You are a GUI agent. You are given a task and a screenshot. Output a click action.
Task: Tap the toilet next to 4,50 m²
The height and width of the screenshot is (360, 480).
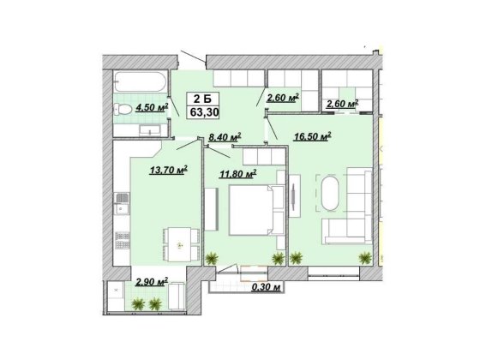123,109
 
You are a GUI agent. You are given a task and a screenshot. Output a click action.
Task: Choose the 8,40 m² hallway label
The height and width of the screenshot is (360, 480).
225,135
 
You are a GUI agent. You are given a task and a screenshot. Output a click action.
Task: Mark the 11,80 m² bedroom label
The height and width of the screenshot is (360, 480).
239,175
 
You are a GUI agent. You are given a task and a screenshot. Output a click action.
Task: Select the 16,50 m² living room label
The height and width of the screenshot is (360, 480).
313,135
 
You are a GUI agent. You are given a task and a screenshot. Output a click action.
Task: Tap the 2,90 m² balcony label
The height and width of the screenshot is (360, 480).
152,280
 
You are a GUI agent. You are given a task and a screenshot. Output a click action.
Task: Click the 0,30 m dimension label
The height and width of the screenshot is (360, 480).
266,289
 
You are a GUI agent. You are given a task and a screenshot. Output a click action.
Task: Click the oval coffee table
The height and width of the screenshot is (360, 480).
332,193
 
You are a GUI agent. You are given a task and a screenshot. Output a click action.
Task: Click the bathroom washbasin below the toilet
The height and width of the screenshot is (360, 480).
145,129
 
